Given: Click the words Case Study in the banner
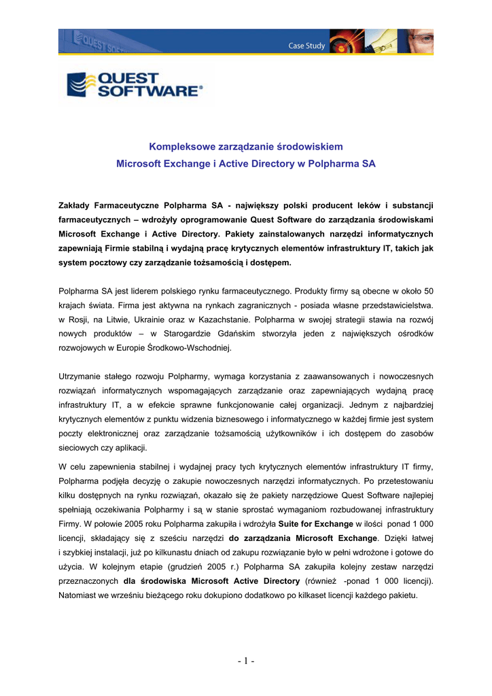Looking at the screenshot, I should (306, 46).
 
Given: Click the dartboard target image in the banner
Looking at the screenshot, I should (345, 41).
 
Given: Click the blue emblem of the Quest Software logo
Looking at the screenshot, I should (80, 86).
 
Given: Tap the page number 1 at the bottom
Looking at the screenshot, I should (246, 661).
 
